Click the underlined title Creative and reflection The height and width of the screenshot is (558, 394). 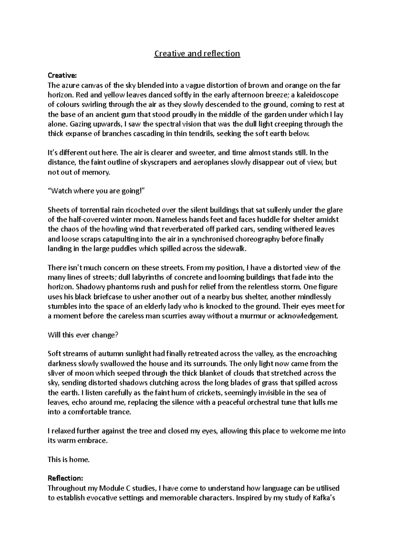[x=197, y=53]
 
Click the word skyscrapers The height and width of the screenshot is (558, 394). [x=158, y=162]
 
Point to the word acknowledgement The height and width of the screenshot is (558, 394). [x=307, y=316]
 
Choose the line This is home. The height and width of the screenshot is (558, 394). [x=69, y=460]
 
